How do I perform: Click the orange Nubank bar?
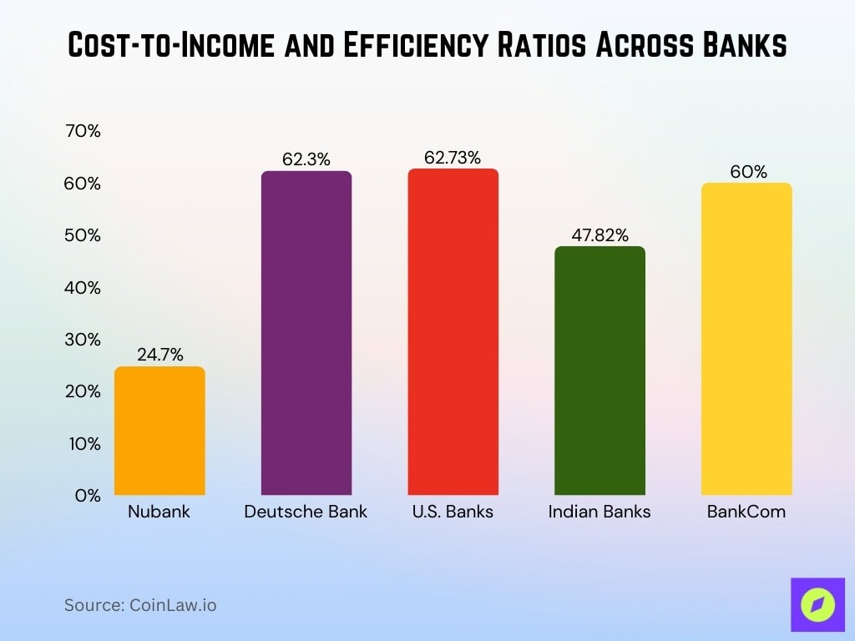pyautogui.click(x=159, y=431)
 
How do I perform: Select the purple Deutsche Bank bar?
pyautogui.click(x=306, y=334)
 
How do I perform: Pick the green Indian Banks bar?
pyautogui.click(x=600, y=371)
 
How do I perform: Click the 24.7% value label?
pyautogui.click(x=159, y=355)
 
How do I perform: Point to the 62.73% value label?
pyautogui.click(x=453, y=157)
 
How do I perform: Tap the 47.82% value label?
pyautogui.click(x=600, y=235)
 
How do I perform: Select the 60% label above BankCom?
pyautogui.click(x=747, y=172)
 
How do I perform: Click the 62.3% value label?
pyautogui.click(x=306, y=159)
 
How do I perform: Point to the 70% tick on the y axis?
pyautogui.click(x=82, y=131)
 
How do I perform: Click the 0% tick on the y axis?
pyautogui.click(x=87, y=496)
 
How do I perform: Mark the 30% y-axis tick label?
pyautogui.click(x=82, y=340)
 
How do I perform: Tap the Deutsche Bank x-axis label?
pyautogui.click(x=306, y=512)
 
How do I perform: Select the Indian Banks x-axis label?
pyautogui.click(x=600, y=512)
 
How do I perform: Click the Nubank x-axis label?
pyautogui.click(x=159, y=512)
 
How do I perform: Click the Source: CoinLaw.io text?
pyautogui.click(x=140, y=605)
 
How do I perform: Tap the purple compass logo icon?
pyautogui.click(x=812, y=605)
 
